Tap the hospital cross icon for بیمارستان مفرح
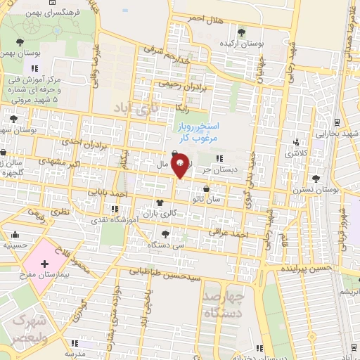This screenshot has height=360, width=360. point(46,265)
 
